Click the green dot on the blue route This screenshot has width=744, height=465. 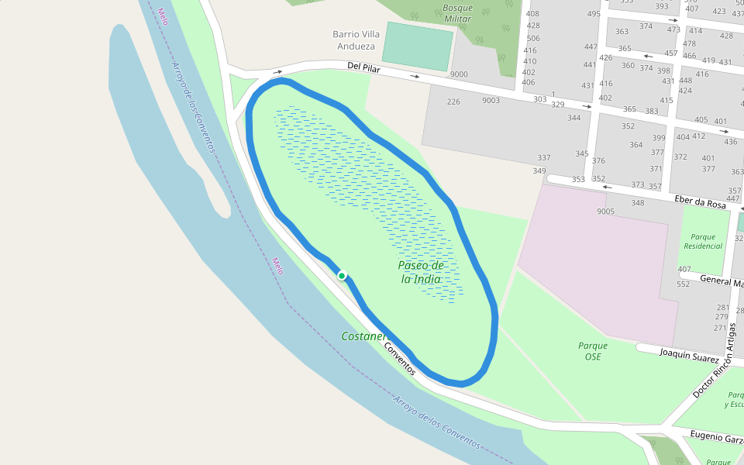pyautogui.click(x=341, y=275)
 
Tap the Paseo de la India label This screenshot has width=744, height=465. pyautogui.click(x=421, y=272)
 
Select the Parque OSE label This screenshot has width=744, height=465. pyautogui.click(x=593, y=351)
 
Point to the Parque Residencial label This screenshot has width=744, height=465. pyautogui.click(x=703, y=241)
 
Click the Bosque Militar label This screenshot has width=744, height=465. pyautogui.click(x=457, y=13)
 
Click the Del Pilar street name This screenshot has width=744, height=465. pyautogui.click(x=367, y=67)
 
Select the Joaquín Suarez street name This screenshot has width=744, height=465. pyautogui.click(x=690, y=358)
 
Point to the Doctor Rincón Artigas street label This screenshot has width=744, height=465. pyautogui.click(x=712, y=361)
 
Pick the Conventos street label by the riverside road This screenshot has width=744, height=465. pyautogui.click(x=400, y=358)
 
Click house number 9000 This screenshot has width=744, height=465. pyautogui.click(x=459, y=74)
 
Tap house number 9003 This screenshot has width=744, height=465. pyautogui.click(x=491, y=100)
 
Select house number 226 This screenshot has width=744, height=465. pyautogui.click(x=453, y=102)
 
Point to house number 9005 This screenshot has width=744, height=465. pyautogui.click(x=605, y=211)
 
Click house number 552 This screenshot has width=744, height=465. pyautogui.click(x=683, y=284)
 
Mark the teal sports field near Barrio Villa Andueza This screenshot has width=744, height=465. pyautogui.click(x=418, y=46)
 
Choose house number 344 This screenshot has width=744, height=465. pyautogui.click(x=573, y=118)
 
